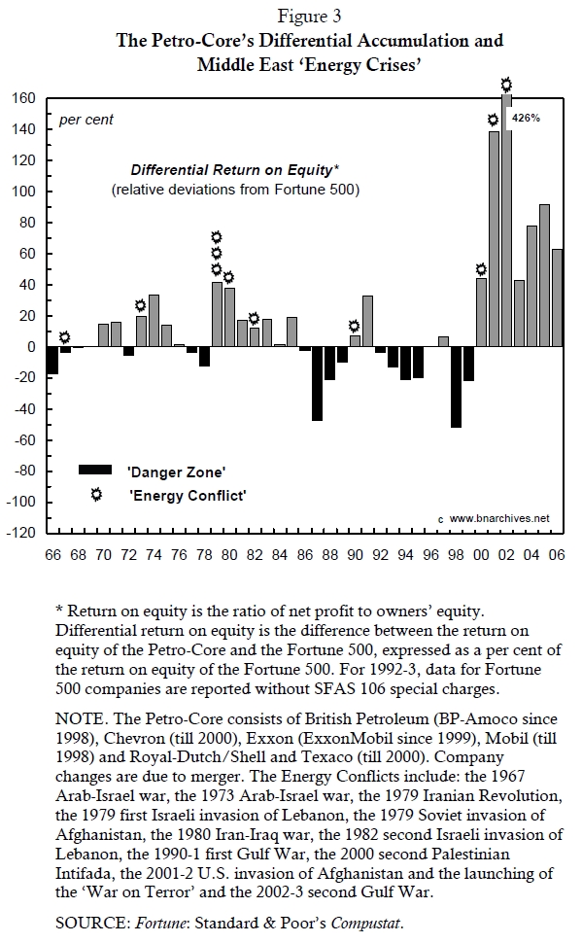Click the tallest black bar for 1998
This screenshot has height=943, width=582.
457,387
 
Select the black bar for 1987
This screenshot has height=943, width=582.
317,383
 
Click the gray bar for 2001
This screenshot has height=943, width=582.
495,239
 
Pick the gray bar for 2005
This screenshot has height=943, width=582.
545,275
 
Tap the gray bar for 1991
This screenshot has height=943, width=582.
367,321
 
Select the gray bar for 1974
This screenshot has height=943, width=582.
154,321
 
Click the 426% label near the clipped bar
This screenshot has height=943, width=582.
526,118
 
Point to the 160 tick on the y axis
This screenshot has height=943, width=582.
23,98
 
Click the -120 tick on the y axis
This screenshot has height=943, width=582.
21,532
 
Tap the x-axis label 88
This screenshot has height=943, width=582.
329,554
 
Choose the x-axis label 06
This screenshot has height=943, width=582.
557,554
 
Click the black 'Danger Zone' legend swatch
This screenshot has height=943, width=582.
95,470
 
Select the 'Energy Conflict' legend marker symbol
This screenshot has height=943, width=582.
96,495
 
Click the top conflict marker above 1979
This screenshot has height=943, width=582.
217,237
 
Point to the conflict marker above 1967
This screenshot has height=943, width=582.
64,337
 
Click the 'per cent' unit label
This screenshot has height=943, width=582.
86,120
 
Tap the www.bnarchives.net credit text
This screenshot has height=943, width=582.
499,518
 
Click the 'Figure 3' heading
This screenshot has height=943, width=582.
308,17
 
